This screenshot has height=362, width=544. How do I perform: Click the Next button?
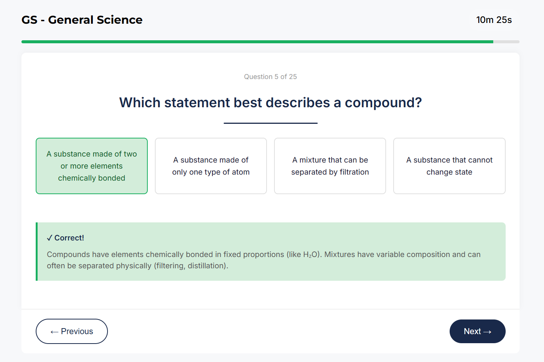(x=477, y=331)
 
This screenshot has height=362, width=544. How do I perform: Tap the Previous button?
(x=72, y=331)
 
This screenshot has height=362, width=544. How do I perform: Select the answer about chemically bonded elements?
(x=92, y=166)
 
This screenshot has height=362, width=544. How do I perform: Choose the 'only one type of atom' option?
(x=211, y=166)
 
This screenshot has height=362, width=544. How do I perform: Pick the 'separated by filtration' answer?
(x=330, y=166)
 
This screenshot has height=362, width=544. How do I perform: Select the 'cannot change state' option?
(x=449, y=166)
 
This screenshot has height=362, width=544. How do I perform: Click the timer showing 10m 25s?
(x=494, y=20)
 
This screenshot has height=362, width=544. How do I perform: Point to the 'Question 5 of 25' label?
(x=270, y=77)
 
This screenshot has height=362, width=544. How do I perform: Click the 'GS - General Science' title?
(x=82, y=20)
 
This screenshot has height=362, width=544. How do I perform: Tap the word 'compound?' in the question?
(x=383, y=103)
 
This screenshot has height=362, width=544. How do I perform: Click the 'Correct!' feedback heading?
(x=69, y=238)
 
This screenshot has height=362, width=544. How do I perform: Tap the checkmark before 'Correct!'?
(x=50, y=238)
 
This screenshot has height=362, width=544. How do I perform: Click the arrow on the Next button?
(x=487, y=332)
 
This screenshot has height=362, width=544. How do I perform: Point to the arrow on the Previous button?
(x=55, y=332)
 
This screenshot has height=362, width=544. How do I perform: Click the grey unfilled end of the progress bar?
(x=506, y=42)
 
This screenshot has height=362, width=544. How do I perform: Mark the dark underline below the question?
(x=270, y=123)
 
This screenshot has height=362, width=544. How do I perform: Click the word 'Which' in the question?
(x=139, y=103)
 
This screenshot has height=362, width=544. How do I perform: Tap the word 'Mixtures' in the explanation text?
(x=339, y=255)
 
